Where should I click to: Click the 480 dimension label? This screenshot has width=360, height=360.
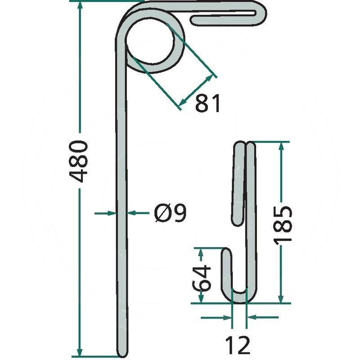point(78,161)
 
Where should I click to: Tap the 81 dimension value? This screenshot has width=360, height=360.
point(208,103)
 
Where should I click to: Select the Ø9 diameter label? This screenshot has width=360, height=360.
point(171,213)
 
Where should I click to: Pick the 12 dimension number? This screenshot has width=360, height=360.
point(238,345)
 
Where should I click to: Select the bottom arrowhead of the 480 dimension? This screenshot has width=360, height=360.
point(80,353)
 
